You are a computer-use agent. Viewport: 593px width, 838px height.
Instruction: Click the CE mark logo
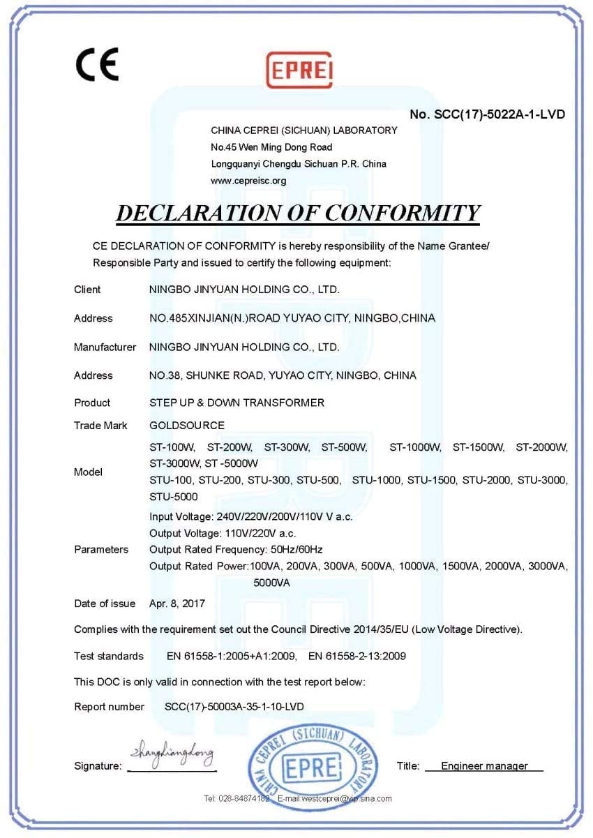point(97,64)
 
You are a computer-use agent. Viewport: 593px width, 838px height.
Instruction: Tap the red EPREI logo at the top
point(300,69)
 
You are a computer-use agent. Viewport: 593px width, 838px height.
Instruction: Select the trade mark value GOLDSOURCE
point(187,425)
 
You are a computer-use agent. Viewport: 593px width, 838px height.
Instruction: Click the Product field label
point(92,403)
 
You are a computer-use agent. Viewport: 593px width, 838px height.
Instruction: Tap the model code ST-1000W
point(416,447)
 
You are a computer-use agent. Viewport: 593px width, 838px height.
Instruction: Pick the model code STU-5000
point(174,497)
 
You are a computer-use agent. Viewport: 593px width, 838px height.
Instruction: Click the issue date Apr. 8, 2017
point(177,604)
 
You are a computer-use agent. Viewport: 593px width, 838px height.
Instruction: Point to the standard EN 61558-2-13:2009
point(357,656)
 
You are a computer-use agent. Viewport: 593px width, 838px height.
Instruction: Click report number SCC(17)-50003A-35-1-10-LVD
point(234,707)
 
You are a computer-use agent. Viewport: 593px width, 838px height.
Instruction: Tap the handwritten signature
point(172,754)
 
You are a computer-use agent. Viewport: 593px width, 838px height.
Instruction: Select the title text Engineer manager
point(484,766)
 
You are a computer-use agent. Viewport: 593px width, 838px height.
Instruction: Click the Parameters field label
point(101,549)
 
